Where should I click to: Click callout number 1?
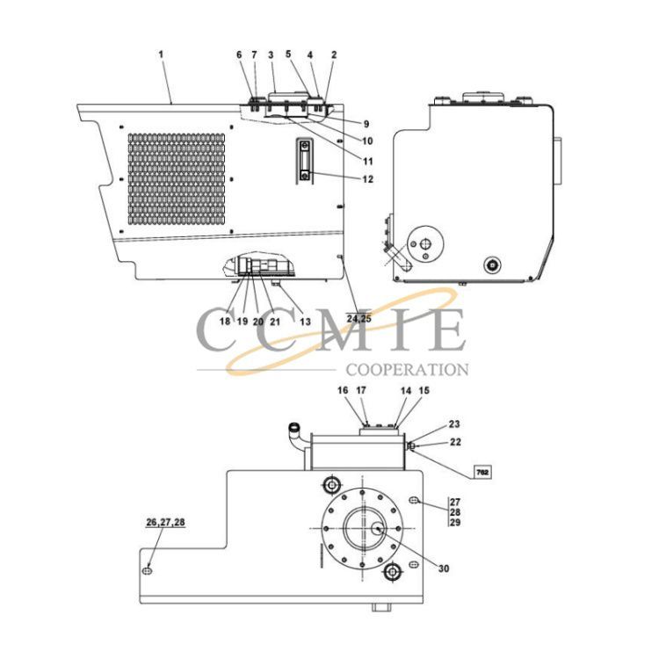tap(161, 54)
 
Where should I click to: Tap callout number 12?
tap(368, 179)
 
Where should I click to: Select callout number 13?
tap(305, 322)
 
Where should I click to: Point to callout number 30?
tap(444, 568)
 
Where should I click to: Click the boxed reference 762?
tap(483, 473)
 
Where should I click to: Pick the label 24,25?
tap(358, 319)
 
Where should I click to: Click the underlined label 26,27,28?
tap(165, 523)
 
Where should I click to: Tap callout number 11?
tap(368, 162)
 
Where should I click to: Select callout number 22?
tap(455, 442)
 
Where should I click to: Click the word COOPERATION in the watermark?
tap(407, 370)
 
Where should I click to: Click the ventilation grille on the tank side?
tap(177, 179)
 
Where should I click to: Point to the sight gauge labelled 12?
tap(305, 161)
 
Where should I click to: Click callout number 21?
tap(274, 322)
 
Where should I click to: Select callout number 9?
tap(366, 124)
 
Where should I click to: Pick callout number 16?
tap(343, 390)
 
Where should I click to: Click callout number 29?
tap(455, 523)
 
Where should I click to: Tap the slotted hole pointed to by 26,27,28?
tap(148, 570)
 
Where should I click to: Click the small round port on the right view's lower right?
tap(492, 264)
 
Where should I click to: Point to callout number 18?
tap(225, 322)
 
